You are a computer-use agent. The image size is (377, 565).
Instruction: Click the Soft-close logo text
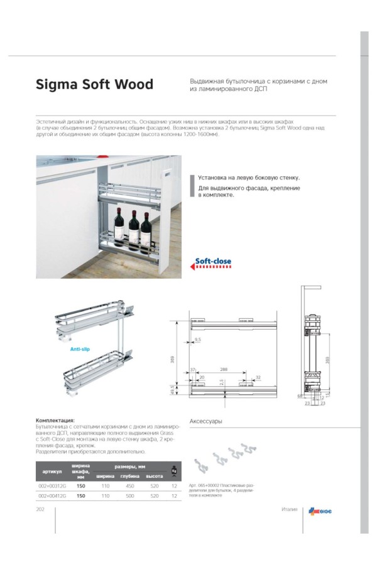pos(213,261)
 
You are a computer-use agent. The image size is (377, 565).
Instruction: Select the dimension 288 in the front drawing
pos(223,369)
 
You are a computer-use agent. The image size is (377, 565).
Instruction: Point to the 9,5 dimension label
pos(198,340)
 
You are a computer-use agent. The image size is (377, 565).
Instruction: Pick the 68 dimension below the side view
pos(301,397)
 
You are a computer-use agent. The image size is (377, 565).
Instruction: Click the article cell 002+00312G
pos(52,485)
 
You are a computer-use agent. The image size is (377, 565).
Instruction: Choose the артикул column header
pos(52,471)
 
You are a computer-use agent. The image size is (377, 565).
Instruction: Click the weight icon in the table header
pos(173,471)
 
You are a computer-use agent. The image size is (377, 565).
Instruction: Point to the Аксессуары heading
pos(206,421)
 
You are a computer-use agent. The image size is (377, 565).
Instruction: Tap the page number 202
pos(42,509)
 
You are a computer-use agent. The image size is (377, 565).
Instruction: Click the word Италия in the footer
pos(289,509)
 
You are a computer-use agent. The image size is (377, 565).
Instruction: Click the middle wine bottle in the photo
pos(133,223)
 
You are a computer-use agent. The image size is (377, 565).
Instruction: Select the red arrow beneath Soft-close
pos(210,267)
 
